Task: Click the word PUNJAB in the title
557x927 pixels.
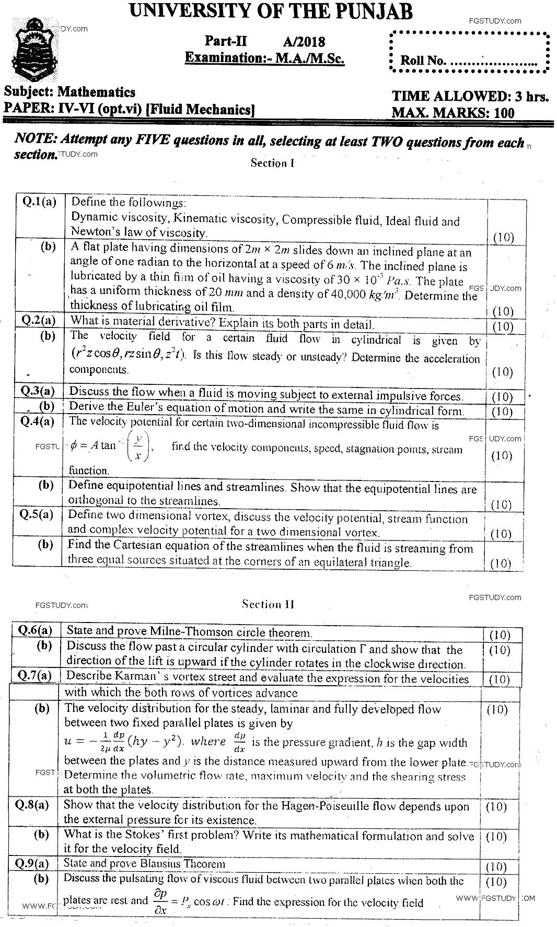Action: pyautogui.click(x=372, y=11)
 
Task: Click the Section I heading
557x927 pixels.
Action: pyautogui.click(x=272, y=163)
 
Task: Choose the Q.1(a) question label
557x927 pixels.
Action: pyautogui.click(x=39, y=202)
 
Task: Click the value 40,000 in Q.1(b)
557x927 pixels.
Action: pyautogui.click(x=349, y=294)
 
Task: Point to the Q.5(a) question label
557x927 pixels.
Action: pyautogui.click(x=37, y=514)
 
